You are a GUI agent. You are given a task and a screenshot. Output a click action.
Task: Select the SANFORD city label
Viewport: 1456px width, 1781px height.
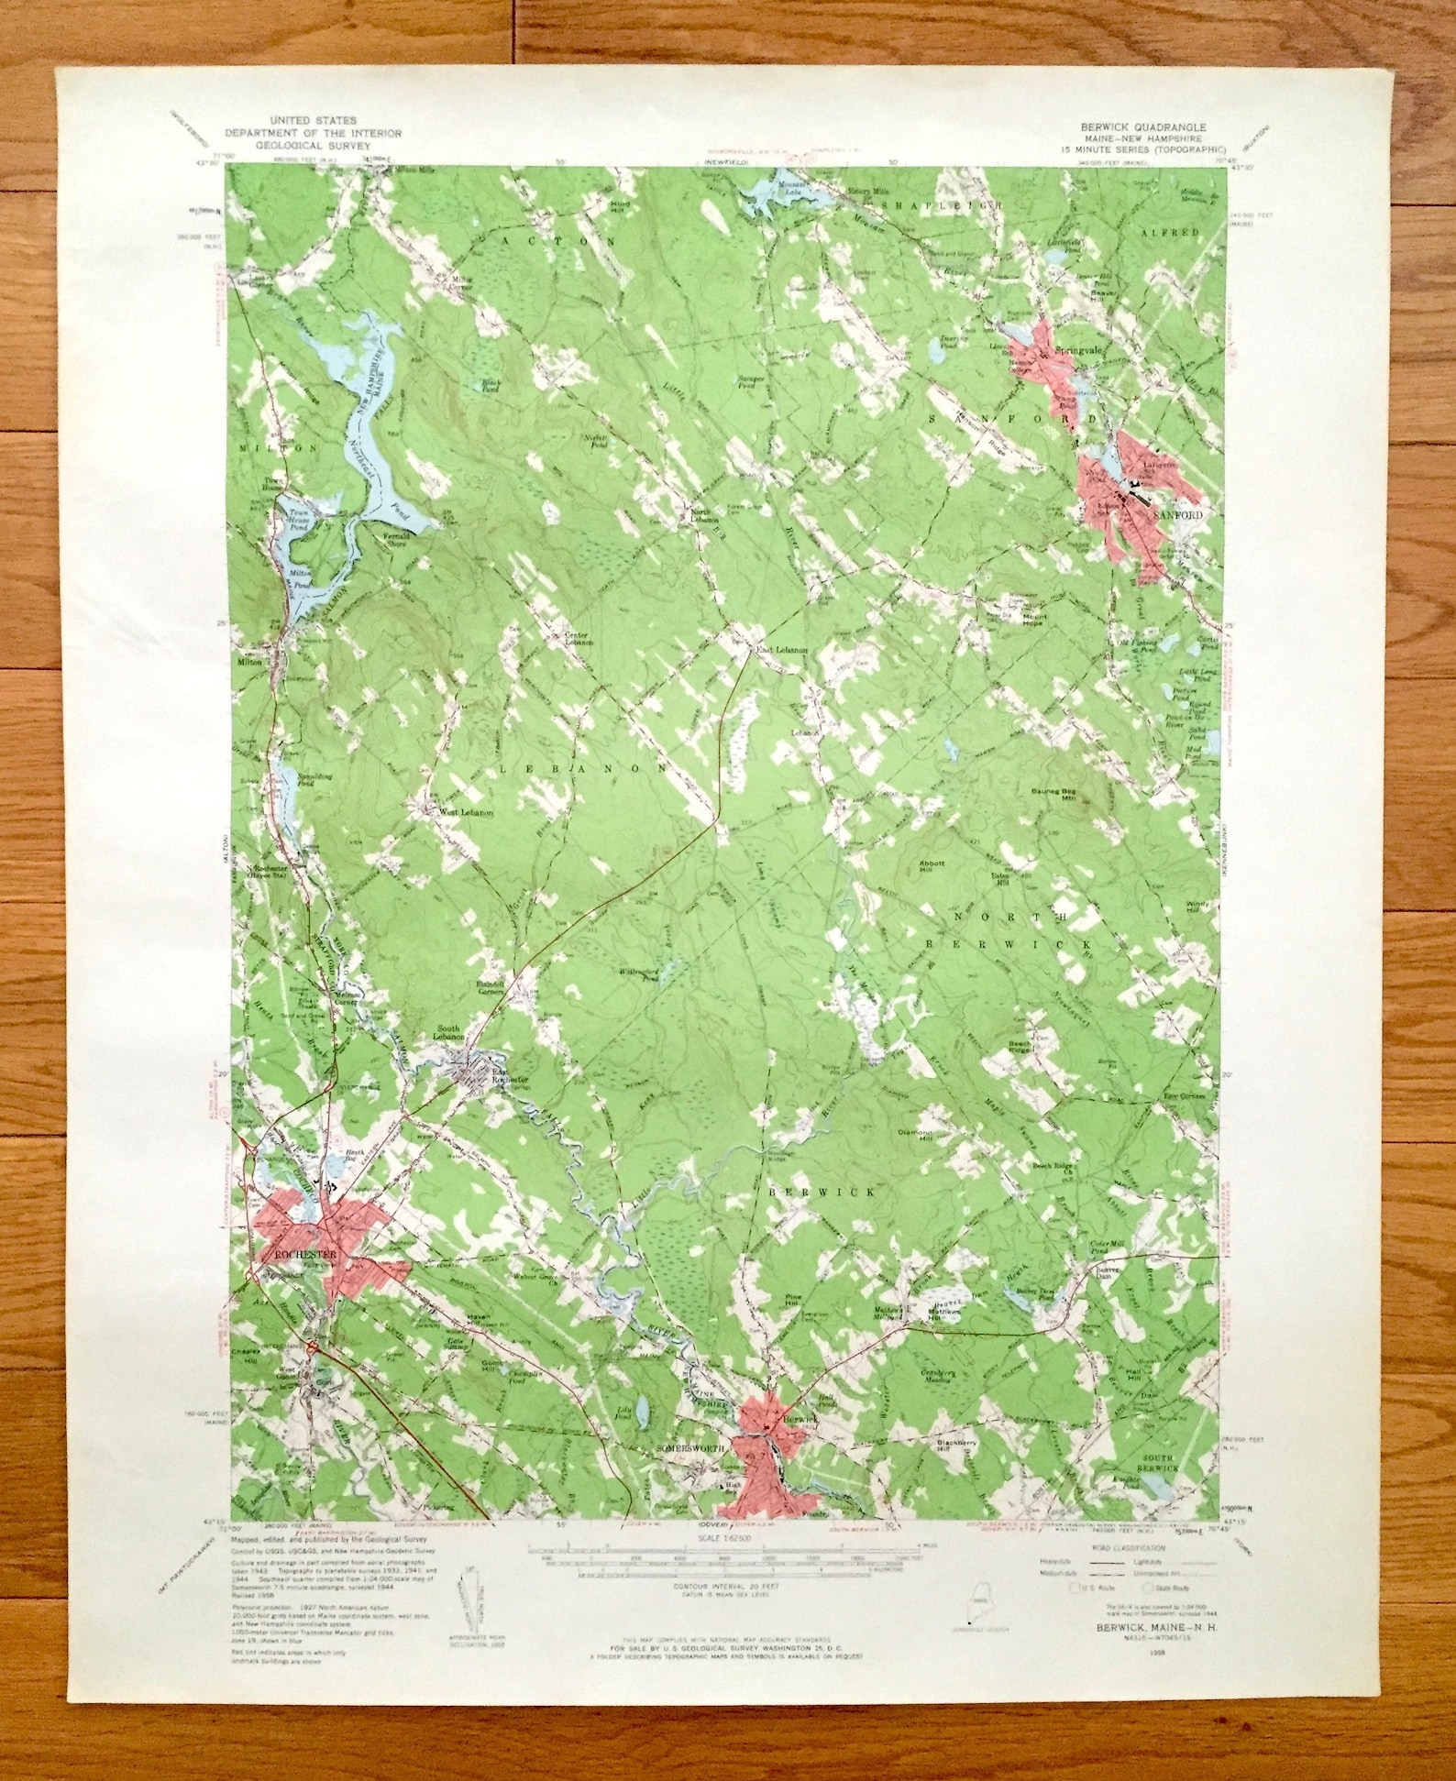click(1176, 515)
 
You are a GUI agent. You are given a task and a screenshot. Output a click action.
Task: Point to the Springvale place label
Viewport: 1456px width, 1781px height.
click(1076, 351)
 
